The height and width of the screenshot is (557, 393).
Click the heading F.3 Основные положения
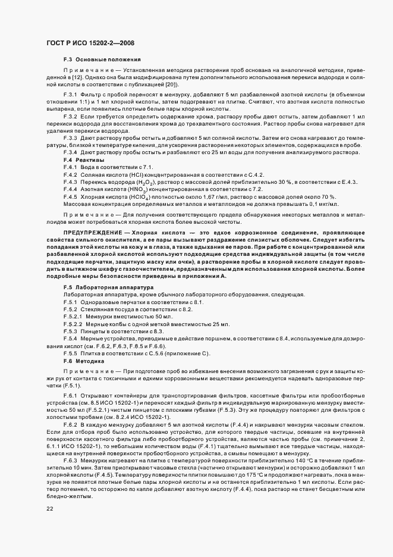pos(102,60)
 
